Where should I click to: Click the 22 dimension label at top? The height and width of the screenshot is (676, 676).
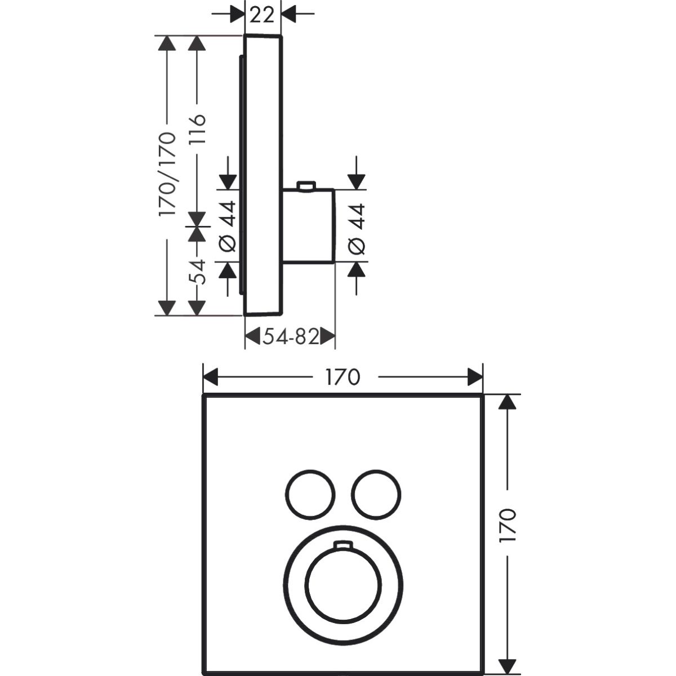pos(262,15)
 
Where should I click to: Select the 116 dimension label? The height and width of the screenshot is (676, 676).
pos(197,130)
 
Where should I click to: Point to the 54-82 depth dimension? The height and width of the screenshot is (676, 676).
pos(291,337)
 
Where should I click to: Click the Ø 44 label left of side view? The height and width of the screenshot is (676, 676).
pos(228,226)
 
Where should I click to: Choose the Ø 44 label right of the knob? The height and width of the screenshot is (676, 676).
pos(357,229)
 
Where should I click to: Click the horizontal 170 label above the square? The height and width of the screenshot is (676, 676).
pos(343,377)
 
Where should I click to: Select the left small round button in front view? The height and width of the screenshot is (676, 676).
pos(310,495)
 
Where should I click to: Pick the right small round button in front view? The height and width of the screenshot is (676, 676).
pos(376,495)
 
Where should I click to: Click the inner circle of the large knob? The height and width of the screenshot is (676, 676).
pos(343,585)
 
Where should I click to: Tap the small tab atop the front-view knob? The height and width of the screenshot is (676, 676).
pos(343,545)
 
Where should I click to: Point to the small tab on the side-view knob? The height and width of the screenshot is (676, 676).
pos(306,186)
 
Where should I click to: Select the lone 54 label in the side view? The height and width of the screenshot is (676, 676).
pos(197,272)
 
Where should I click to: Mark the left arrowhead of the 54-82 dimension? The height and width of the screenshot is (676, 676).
pos(252,337)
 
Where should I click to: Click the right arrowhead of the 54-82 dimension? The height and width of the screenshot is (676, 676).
pos(328,337)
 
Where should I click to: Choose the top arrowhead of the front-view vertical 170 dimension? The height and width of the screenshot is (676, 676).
pos(508,402)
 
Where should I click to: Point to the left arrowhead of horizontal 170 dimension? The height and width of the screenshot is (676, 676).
pos(211,377)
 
